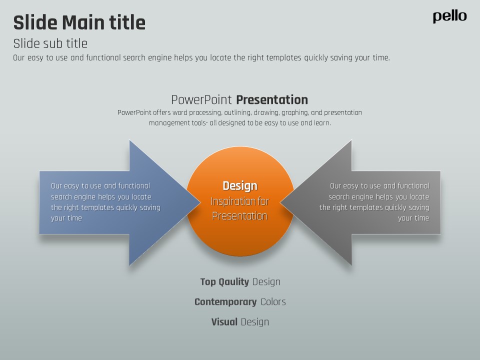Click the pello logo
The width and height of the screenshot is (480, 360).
tap(449, 16)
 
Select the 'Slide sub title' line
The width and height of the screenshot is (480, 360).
tap(50, 43)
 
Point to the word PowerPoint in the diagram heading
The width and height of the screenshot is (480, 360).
tap(201, 99)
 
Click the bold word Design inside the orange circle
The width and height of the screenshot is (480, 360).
tap(240, 186)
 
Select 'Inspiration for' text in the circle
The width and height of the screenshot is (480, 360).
tap(240, 201)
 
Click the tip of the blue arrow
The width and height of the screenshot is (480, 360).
tap(198, 202)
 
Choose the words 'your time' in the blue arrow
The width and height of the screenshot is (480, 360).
tap(66, 218)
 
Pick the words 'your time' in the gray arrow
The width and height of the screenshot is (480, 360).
tap(413, 218)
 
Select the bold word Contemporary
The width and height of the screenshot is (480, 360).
tap(225, 302)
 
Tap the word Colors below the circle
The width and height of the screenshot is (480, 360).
tap(273, 302)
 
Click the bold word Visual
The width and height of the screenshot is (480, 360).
tap(224, 322)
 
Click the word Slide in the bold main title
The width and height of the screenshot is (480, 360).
tap(35, 23)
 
